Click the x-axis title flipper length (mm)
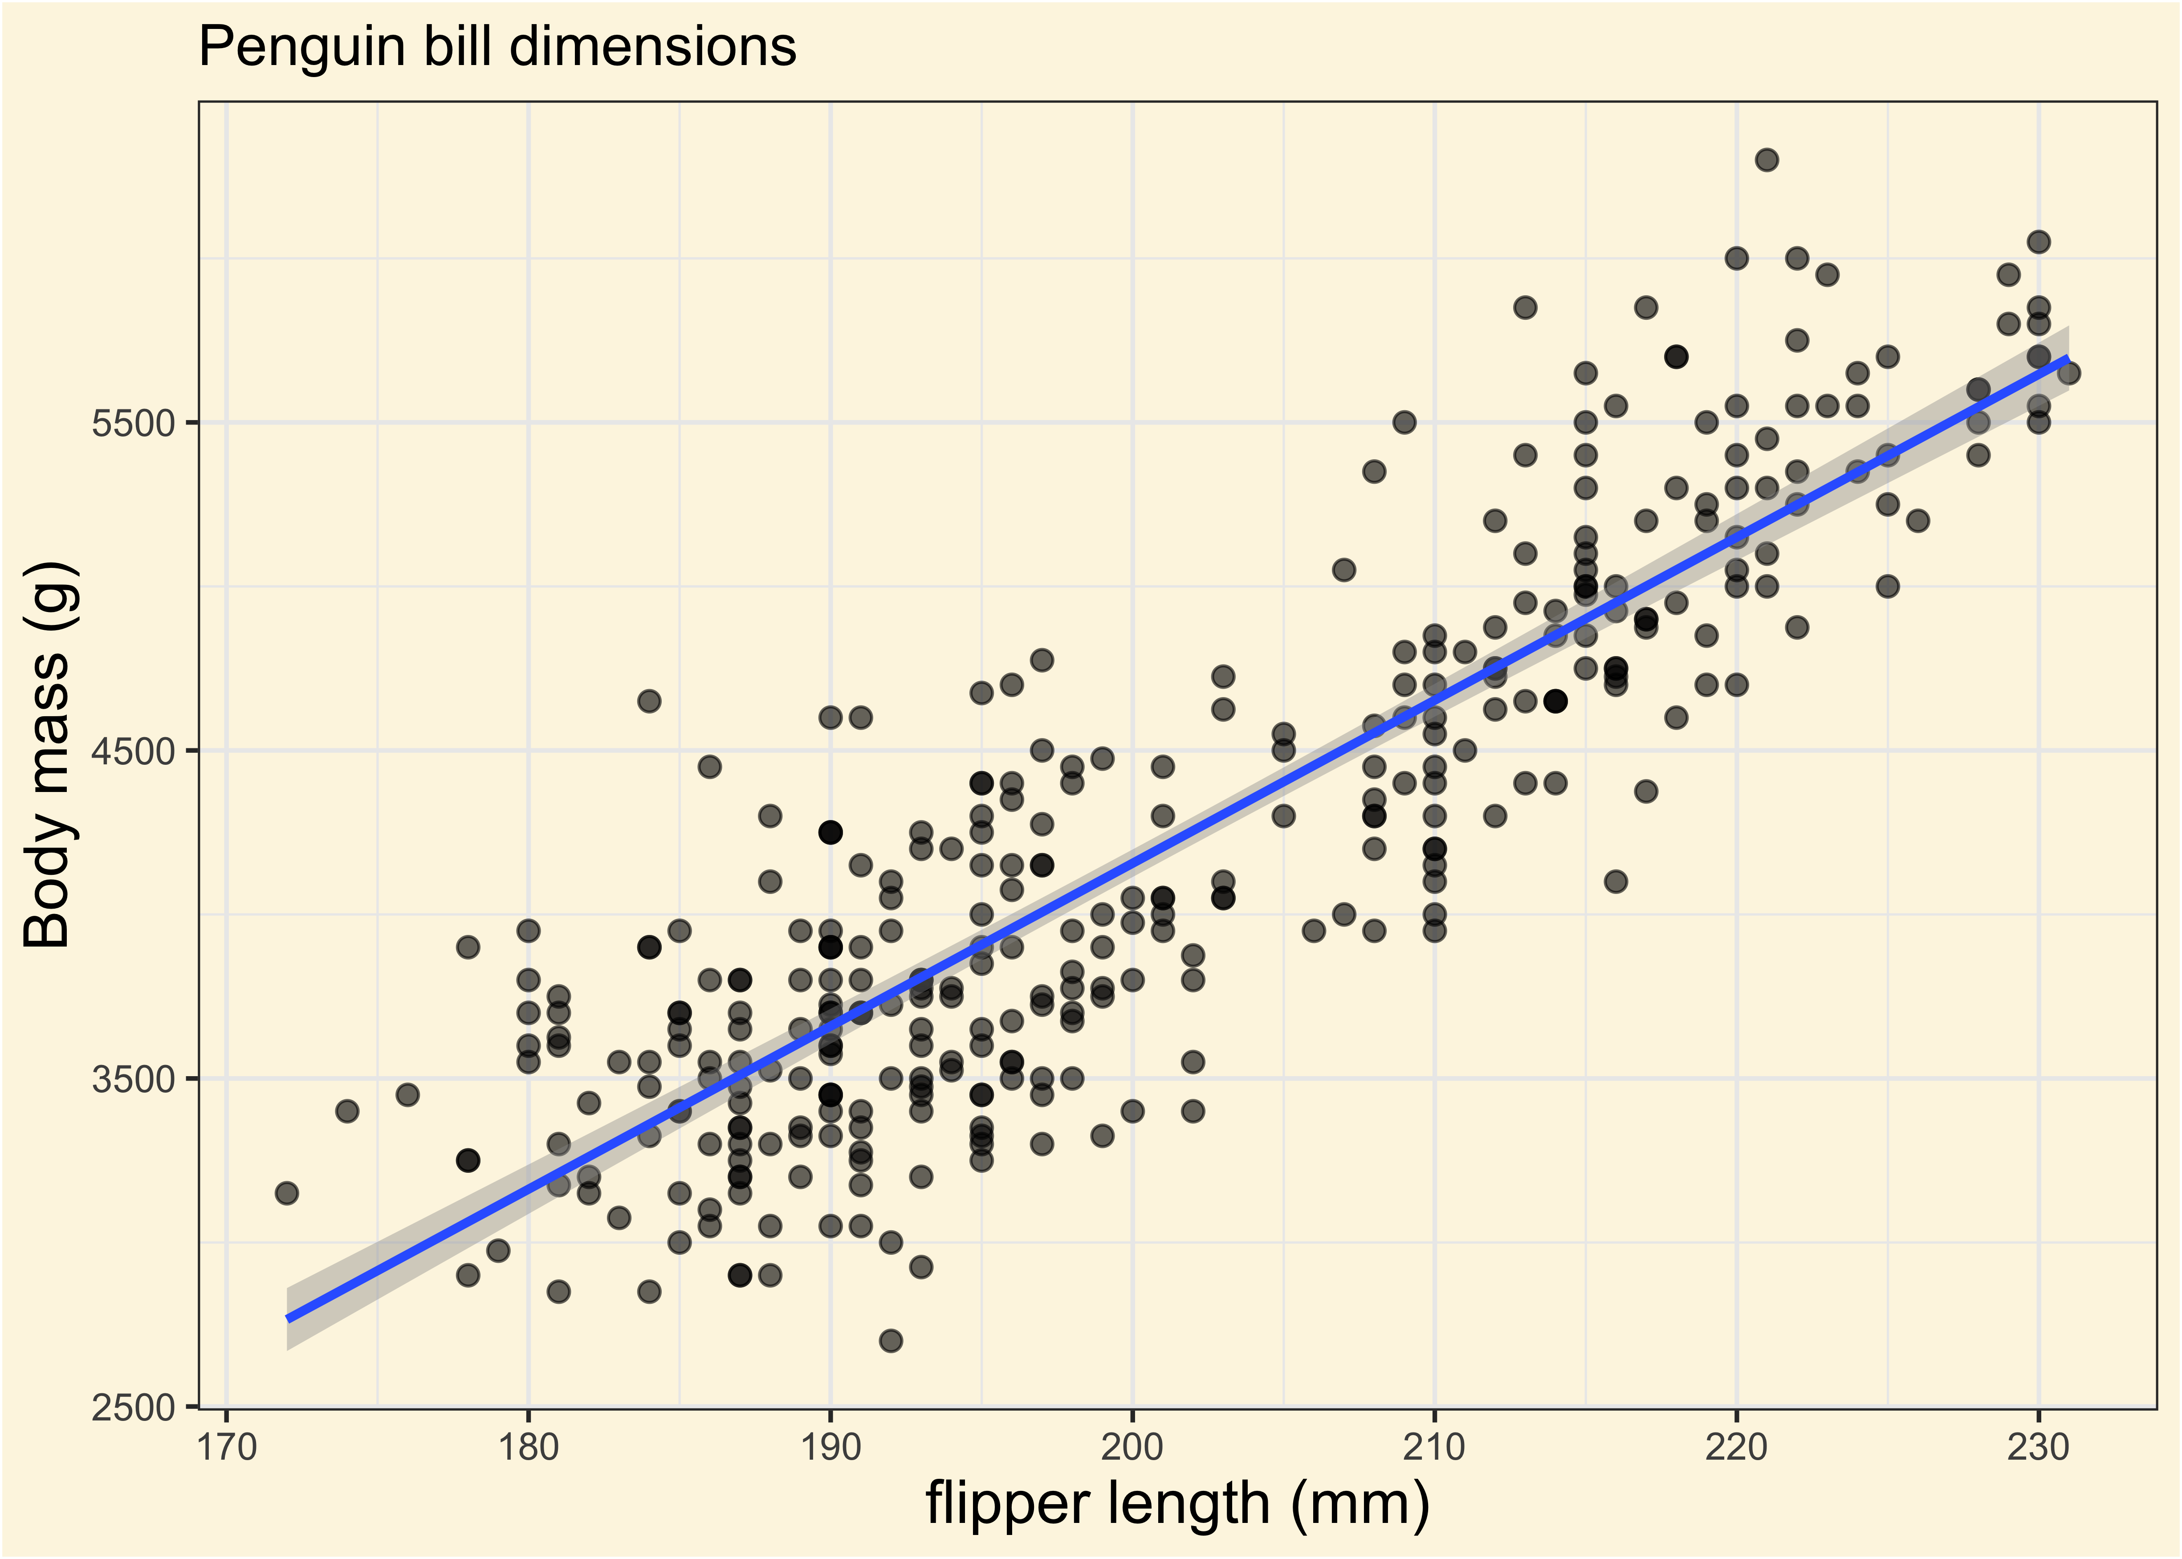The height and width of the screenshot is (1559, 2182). click(1177, 1503)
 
